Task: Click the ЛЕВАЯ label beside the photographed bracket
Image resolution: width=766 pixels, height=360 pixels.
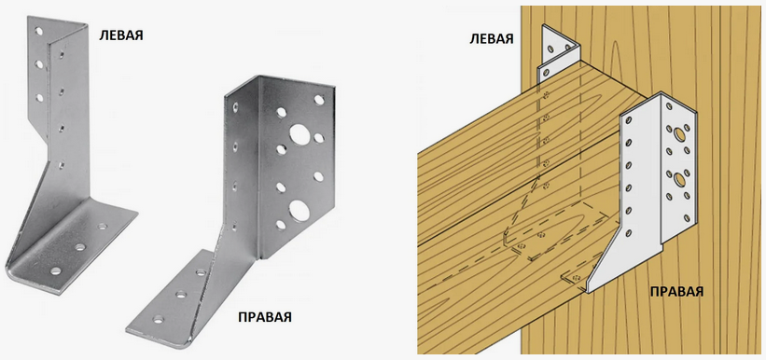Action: pos(121,35)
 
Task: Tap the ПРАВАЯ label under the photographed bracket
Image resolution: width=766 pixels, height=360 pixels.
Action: pos(265,316)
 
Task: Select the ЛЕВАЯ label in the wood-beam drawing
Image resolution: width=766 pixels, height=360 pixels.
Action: pos(492,38)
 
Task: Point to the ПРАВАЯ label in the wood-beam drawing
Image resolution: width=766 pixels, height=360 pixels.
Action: pos(676,292)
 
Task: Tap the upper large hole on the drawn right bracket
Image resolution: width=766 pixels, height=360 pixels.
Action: pos(678,133)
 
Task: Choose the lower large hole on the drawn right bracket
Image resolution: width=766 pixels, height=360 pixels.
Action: pos(679,179)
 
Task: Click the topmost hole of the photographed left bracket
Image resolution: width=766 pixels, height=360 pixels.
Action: pos(38,32)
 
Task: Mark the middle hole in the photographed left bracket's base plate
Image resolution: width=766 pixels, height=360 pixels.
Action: pos(79,247)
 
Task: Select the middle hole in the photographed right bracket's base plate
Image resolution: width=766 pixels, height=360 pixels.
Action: pos(181,295)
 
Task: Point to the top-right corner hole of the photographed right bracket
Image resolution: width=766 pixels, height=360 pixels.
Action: pos(319,100)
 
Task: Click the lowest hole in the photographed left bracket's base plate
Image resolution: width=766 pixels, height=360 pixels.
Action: pos(56,270)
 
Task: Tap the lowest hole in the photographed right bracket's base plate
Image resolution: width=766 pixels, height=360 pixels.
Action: pos(159,320)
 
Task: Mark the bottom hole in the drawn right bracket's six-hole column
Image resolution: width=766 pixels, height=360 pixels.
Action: pos(629,232)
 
